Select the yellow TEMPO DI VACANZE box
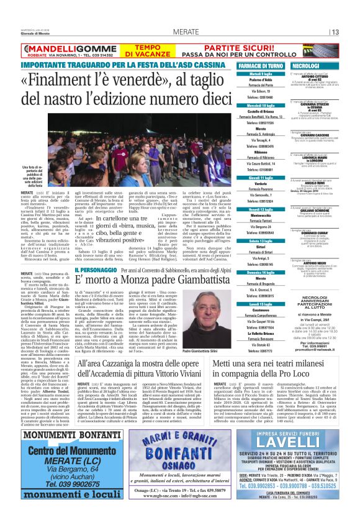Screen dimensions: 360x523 (145, 50)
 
